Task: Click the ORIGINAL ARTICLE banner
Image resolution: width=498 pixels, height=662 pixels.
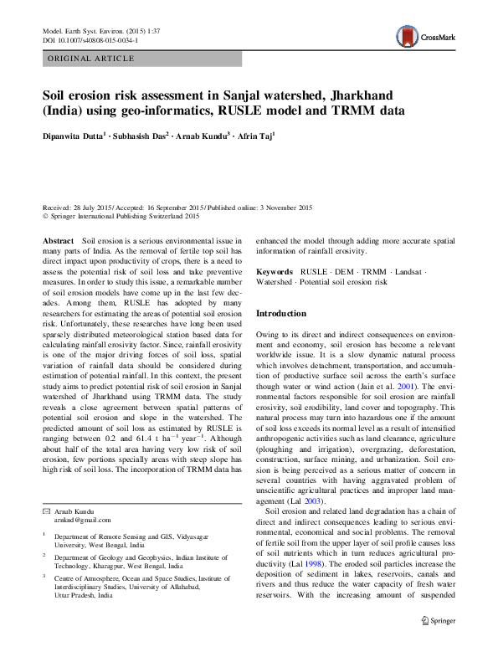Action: [92, 59]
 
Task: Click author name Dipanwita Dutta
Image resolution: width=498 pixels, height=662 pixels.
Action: [73, 135]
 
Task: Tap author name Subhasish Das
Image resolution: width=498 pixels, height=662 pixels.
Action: [139, 135]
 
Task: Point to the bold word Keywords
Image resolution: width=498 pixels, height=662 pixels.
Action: [274, 273]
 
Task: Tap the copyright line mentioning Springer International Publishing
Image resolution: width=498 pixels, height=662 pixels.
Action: [121, 216]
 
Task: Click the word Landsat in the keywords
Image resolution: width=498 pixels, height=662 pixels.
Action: [408, 273]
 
